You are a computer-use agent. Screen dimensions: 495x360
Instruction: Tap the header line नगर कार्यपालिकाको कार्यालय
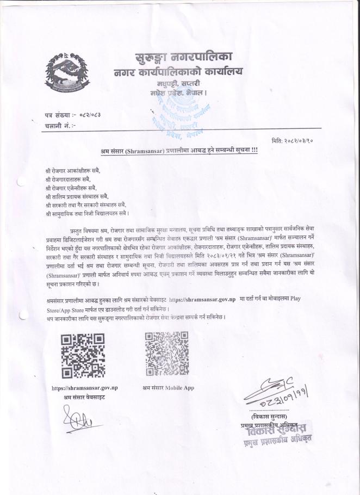click(178, 72)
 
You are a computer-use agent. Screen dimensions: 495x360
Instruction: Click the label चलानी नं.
click(60, 126)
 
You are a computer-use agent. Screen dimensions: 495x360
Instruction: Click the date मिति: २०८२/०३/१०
click(298, 140)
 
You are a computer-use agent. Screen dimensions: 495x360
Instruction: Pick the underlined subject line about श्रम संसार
click(179, 150)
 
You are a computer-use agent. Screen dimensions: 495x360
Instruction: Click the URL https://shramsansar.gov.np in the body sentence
click(202, 299)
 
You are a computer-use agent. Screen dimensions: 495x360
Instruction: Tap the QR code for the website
click(83, 356)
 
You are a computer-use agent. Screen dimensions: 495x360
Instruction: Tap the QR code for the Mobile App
click(167, 354)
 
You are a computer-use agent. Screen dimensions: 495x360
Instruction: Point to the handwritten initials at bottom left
click(76, 418)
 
